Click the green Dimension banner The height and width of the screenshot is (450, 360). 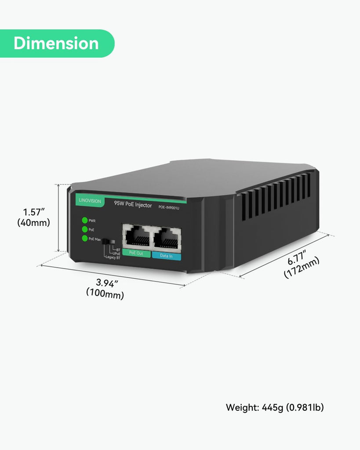coord(57,44)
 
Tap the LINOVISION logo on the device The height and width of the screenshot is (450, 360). coord(90,200)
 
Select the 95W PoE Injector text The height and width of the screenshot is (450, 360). coord(133,204)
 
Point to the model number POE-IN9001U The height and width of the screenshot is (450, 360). coord(169,207)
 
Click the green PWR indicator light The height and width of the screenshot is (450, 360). coord(85,220)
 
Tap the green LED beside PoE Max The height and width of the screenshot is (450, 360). coord(85,238)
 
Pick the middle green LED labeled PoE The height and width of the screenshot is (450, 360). coord(85,229)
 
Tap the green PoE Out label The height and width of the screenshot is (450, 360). coord(136,253)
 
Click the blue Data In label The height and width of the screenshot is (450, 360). coord(167,256)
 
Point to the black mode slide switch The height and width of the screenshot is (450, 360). coord(108,241)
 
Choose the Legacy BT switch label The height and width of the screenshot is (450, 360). coord(113,258)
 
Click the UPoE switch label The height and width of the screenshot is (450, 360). coord(116,254)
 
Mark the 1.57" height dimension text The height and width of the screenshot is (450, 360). coord(34,212)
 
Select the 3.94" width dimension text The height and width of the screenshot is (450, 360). coord(106,283)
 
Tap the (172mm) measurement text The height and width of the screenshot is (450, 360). coord(302,268)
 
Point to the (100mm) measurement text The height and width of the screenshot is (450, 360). coord(105,294)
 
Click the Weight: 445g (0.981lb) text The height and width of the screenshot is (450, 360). coord(275,407)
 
